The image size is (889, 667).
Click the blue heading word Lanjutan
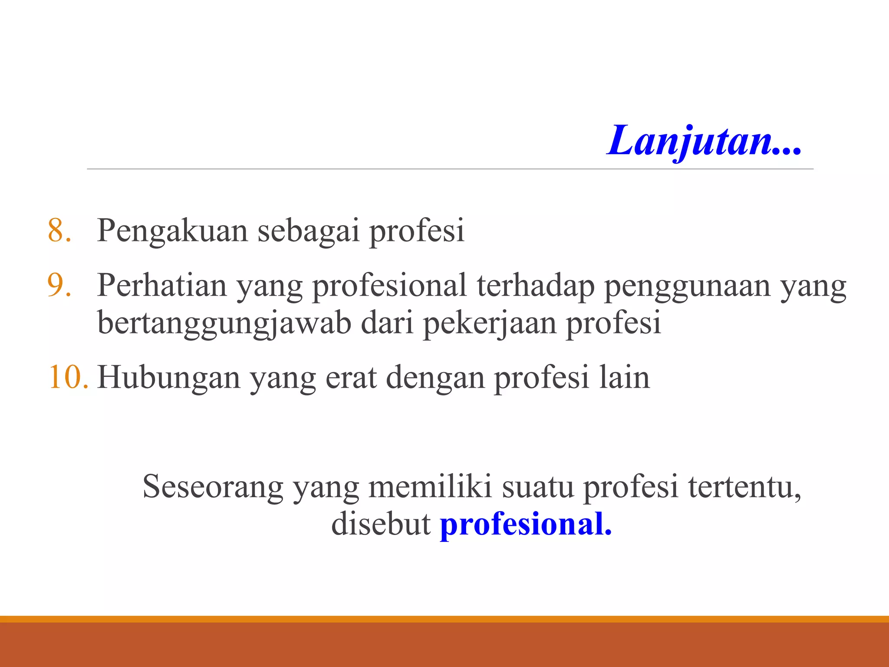(703, 141)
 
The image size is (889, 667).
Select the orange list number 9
(59, 285)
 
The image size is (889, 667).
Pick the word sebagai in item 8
(309, 231)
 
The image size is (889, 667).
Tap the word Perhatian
(162, 286)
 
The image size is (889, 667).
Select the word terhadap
(536, 286)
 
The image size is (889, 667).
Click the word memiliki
(430, 486)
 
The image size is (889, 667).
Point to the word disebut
(381, 524)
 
